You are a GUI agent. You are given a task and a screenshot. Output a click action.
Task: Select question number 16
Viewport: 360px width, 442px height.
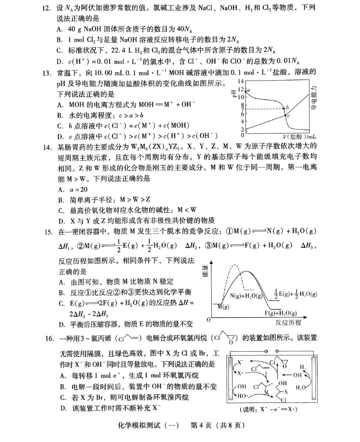click(x=50, y=338)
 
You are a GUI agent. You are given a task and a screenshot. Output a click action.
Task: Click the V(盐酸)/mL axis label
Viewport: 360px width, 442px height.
click(x=299, y=137)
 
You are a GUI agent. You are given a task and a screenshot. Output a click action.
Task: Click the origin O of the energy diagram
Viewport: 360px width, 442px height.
click(x=209, y=320)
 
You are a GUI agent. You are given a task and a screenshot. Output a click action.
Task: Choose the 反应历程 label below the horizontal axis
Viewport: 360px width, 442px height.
click(x=288, y=322)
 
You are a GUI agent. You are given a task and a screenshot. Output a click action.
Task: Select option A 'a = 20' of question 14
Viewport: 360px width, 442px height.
click(x=73, y=190)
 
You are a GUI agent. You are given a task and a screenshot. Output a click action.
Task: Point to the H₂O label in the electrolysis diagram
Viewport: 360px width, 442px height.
click(x=301, y=387)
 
